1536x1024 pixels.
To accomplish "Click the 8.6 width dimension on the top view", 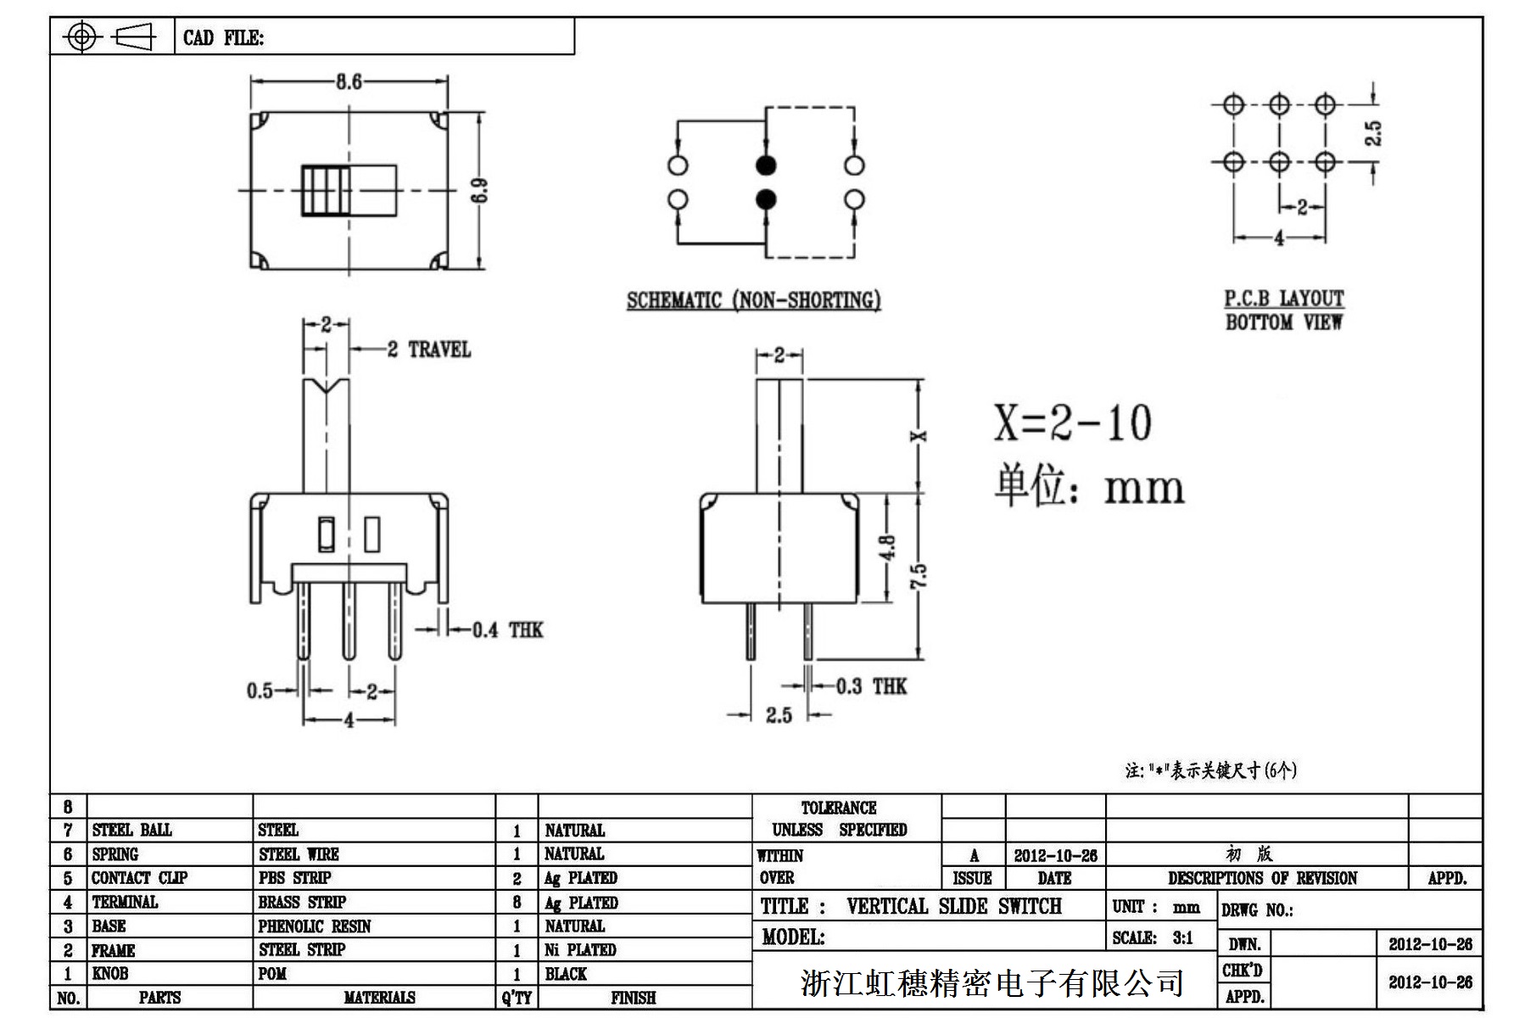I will pos(349,81).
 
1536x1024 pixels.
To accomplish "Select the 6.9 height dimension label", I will pos(480,190).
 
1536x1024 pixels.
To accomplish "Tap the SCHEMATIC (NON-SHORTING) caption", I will pos(753,300).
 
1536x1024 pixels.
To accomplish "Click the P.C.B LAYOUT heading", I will pos(1283,299).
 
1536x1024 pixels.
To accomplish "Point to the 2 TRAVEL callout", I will pos(428,350).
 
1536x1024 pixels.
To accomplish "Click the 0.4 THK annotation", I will pos(506,630).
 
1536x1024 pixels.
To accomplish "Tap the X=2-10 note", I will pos(1072,422).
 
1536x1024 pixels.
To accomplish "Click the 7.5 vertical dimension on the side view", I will pos(919,576).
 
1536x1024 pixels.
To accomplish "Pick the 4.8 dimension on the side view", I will pos(887,548).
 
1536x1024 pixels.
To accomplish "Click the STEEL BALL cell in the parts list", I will pos(131,830).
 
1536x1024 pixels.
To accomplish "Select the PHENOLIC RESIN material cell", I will pos(315,926).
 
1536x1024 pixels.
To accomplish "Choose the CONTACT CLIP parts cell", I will pos(139,878).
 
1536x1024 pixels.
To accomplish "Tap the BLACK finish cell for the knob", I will pos(566,974).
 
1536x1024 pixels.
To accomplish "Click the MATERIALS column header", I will pos(379,998).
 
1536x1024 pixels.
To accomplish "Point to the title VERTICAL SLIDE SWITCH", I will pos(953,906).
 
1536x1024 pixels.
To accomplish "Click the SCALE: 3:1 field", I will pos(1153,938).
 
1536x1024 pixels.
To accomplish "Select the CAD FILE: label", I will pos(223,38).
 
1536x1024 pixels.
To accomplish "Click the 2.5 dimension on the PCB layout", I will pos(1372,133).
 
